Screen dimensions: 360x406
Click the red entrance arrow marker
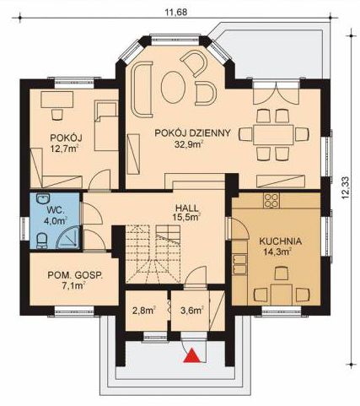(192, 355)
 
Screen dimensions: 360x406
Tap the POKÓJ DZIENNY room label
(193, 133)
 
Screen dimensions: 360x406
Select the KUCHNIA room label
(281, 241)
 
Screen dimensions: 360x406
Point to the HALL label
(187, 208)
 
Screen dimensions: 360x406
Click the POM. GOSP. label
(75, 275)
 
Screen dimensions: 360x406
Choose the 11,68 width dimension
(175, 13)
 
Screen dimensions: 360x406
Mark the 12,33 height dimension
(345, 187)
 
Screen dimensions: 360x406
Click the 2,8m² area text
(144, 311)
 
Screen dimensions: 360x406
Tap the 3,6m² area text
(192, 311)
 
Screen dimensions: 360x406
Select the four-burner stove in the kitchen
(271, 200)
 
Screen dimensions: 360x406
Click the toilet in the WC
(42, 241)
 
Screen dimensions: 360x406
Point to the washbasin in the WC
(43, 198)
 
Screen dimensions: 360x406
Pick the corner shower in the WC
(67, 237)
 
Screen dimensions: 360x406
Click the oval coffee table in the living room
(174, 87)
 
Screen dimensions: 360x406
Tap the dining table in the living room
(273, 135)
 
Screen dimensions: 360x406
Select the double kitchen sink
(239, 264)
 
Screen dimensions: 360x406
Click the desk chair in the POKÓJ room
(57, 115)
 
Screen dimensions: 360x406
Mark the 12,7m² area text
(64, 149)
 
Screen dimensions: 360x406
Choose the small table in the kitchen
(282, 295)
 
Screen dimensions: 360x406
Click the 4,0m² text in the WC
(56, 220)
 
